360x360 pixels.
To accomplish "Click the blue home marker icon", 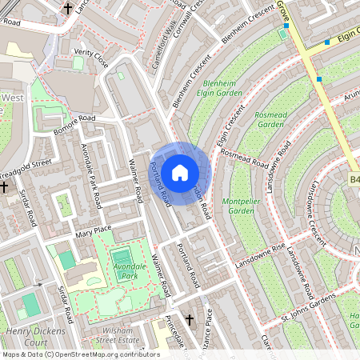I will click(180, 172).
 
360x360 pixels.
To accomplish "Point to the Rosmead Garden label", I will click(269, 119).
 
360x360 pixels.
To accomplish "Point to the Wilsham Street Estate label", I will click(117, 335).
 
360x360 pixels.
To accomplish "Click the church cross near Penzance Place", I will click(190, 320).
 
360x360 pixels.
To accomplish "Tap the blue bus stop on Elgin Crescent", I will click(327, 42).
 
